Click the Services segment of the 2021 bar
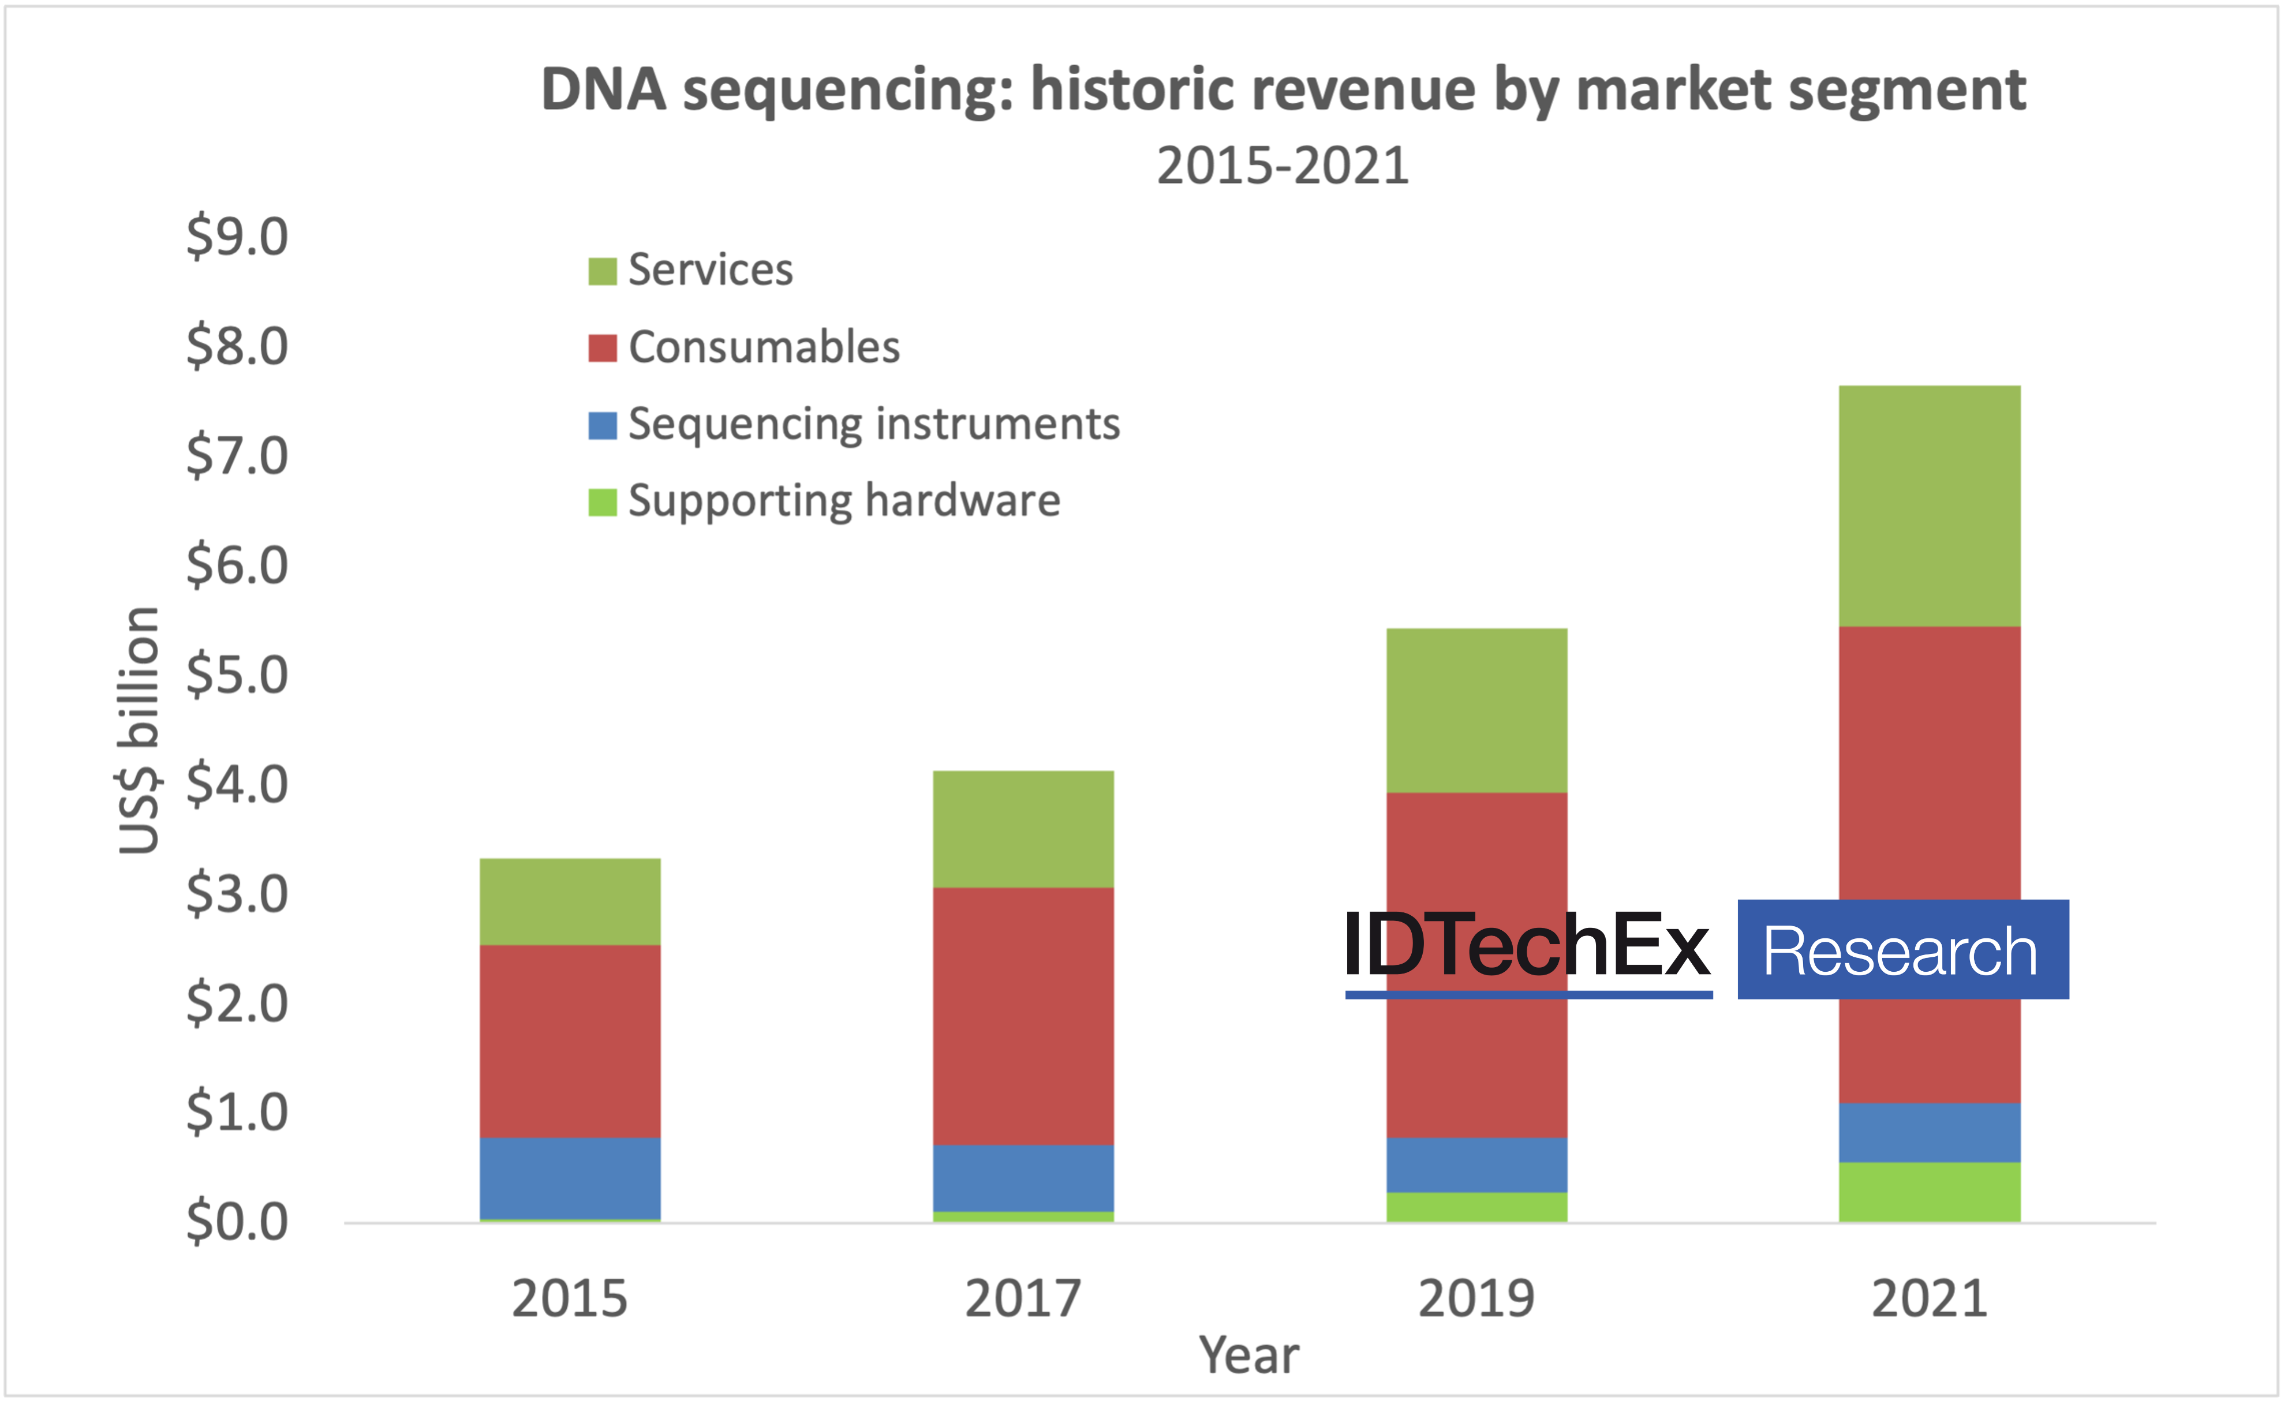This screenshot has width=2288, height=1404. pos(1930,506)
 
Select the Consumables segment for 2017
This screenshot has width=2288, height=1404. pos(1023,1016)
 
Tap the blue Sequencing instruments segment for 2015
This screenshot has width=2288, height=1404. pos(570,1177)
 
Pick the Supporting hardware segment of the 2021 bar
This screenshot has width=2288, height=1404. pos(1930,1192)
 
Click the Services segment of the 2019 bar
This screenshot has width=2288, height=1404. pos(1476,710)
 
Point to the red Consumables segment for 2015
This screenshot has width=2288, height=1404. pos(570,1041)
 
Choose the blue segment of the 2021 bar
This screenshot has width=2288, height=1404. pos(1930,1132)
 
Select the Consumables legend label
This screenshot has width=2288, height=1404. pos(763,347)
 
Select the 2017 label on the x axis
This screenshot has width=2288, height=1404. pos(1023,1298)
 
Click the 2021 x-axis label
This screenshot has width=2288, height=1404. pos(1930,1298)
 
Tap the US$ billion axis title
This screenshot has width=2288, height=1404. pos(139,730)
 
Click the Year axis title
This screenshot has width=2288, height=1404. pos(1249,1355)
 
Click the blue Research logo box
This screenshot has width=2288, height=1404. pos(1902,950)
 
